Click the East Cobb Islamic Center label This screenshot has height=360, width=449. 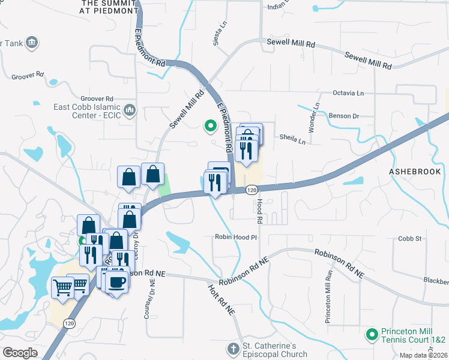tap(87, 111)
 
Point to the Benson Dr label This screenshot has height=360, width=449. tap(343, 116)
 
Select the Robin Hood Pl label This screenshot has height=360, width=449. tap(236, 237)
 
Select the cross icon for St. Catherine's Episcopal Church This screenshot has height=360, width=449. tap(233, 349)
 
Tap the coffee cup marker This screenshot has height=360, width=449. tap(117, 282)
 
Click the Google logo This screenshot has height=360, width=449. tap(20, 352)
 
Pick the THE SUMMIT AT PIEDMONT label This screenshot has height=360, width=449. tap(107, 7)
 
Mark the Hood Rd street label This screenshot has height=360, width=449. tap(260, 212)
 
